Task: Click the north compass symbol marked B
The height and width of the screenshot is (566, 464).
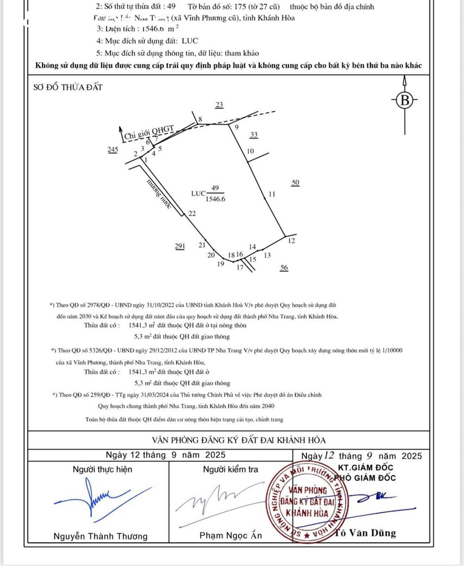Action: (405, 101)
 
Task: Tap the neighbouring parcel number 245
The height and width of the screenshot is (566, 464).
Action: (112, 149)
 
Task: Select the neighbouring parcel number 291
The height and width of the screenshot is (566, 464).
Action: (180, 245)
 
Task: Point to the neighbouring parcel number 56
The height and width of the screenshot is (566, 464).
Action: (284, 268)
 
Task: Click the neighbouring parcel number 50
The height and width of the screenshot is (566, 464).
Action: (295, 182)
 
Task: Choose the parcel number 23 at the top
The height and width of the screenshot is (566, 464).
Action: (220, 105)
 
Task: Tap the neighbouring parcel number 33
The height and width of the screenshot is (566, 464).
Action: (254, 135)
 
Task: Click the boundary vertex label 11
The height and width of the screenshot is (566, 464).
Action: (272, 194)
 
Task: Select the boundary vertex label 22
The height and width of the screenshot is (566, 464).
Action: (192, 213)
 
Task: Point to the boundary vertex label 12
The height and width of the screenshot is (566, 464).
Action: (292, 241)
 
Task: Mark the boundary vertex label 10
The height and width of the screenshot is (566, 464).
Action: (250, 151)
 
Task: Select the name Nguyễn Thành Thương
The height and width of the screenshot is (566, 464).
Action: (100, 536)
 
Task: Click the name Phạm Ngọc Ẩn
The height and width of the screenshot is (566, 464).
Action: (228, 535)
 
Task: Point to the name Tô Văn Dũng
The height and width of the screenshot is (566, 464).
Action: (365, 533)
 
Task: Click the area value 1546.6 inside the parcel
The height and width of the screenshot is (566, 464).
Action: (215, 199)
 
